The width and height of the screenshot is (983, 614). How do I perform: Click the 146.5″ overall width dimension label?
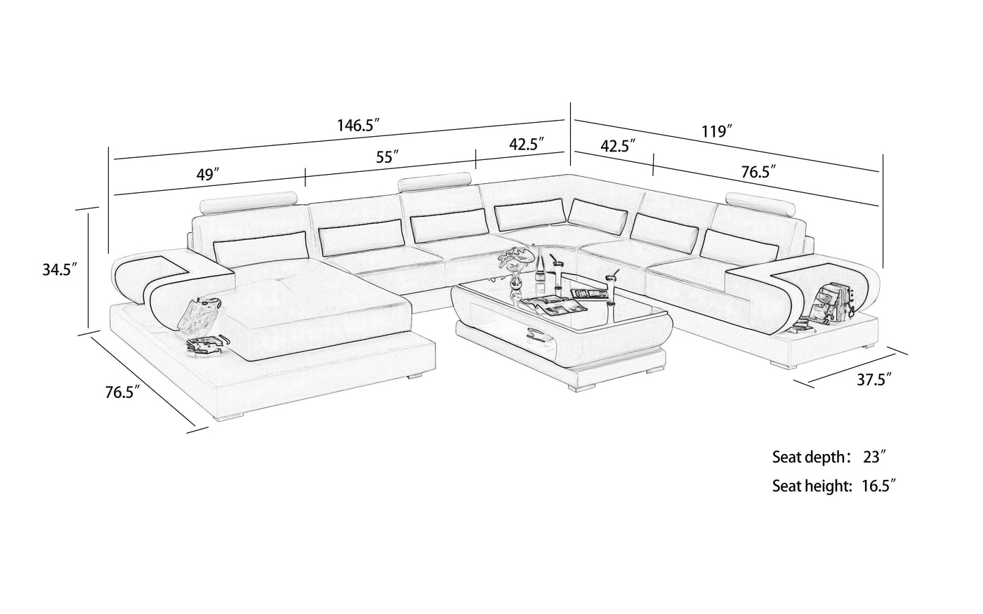point(357,125)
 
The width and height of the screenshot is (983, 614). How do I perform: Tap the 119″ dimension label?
point(717,131)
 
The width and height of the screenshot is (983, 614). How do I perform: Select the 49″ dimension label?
point(208,175)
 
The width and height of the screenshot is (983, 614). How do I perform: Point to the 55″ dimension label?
point(387,156)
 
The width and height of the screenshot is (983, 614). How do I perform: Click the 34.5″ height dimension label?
point(60,269)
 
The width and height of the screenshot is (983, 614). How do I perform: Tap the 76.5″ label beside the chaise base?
point(122,392)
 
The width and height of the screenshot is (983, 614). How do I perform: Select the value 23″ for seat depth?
point(872,457)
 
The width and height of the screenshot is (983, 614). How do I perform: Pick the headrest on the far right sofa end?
point(760,204)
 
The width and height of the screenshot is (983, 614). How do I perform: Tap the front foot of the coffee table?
point(581,387)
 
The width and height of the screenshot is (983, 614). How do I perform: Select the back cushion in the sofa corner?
point(598,218)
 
